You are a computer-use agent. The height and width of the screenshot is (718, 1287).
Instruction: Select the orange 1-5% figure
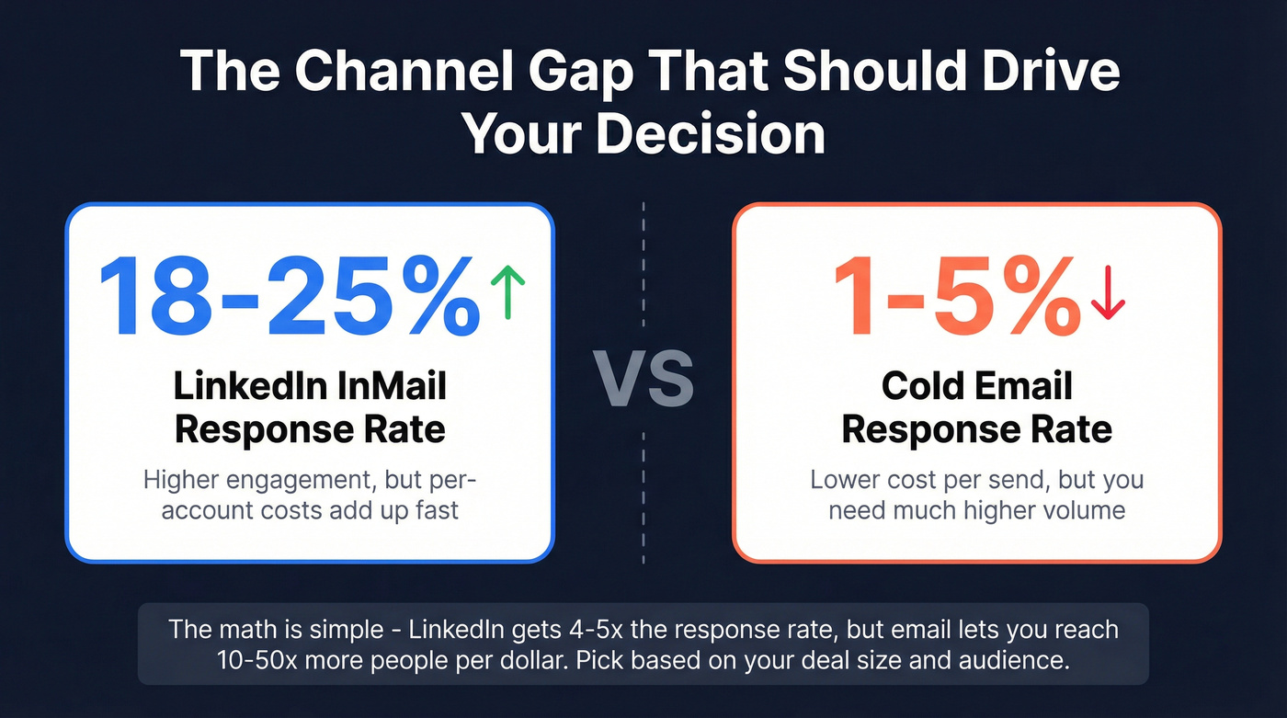[956, 294]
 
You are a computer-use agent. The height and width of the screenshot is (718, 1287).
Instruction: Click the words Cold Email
[976, 385]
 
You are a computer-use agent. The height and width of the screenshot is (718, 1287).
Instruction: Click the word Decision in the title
[710, 134]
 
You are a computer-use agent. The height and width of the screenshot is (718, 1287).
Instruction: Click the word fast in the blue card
[436, 509]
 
